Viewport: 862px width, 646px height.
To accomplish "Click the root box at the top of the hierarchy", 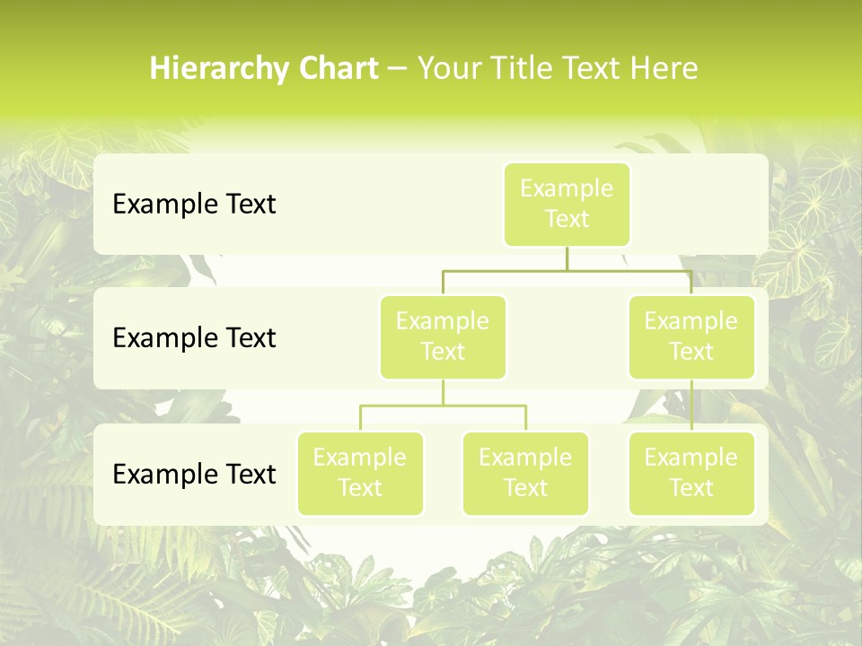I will (x=567, y=205).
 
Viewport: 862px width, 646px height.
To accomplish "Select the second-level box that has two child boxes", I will (x=443, y=337).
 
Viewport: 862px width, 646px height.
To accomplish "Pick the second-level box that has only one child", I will (x=691, y=337).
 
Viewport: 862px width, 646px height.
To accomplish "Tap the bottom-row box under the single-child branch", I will (x=691, y=474).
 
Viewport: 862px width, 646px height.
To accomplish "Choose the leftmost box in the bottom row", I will (x=360, y=474).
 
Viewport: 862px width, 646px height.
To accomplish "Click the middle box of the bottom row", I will (x=525, y=474).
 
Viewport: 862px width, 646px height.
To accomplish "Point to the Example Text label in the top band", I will (x=194, y=205).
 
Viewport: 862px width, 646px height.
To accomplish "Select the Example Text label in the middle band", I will (x=194, y=338).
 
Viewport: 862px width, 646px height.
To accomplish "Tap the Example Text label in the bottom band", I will (x=194, y=474).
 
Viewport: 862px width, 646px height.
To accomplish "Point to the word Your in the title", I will (x=448, y=68).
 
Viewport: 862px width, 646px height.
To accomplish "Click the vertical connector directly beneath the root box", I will (x=567, y=258).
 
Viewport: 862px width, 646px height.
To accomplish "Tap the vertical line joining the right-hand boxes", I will (x=691, y=406).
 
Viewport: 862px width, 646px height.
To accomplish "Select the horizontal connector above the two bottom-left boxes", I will (x=443, y=406).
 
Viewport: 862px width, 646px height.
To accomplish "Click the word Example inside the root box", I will (x=567, y=188).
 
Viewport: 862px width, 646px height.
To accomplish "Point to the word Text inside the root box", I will (x=567, y=219).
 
